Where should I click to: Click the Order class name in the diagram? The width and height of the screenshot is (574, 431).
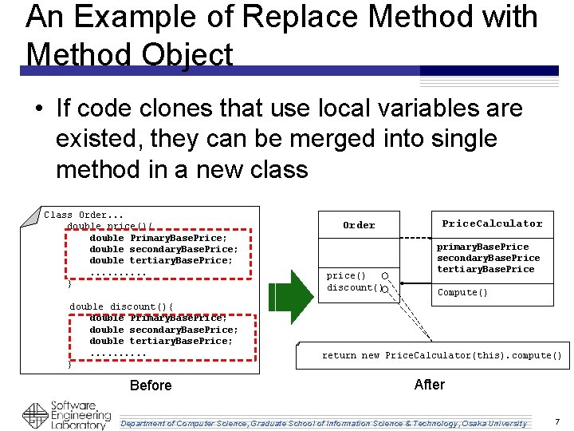(x=359, y=225)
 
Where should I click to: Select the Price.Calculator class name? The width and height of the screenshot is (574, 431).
(x=492, y=223)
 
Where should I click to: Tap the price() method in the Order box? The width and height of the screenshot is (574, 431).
(x=347, y=275)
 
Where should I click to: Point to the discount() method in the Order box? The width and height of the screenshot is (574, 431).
(x=350, y=287)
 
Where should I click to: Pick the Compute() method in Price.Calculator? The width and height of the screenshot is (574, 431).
(x=462, y=292)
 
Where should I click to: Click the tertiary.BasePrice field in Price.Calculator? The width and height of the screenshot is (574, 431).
(x=486, y=269)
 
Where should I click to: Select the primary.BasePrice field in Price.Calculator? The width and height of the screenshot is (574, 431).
(x=482, y=247)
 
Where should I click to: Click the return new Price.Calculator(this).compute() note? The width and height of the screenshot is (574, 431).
(x=442, y=355)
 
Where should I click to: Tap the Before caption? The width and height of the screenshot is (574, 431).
(x=151, y=386)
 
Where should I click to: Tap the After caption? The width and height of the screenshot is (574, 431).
(x=430, y=385)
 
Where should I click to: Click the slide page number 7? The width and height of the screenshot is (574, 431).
(x=557, y=421)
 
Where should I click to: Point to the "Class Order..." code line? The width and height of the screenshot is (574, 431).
(x=84, y=215)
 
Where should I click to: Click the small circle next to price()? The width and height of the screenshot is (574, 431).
(x=384, y=275)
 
